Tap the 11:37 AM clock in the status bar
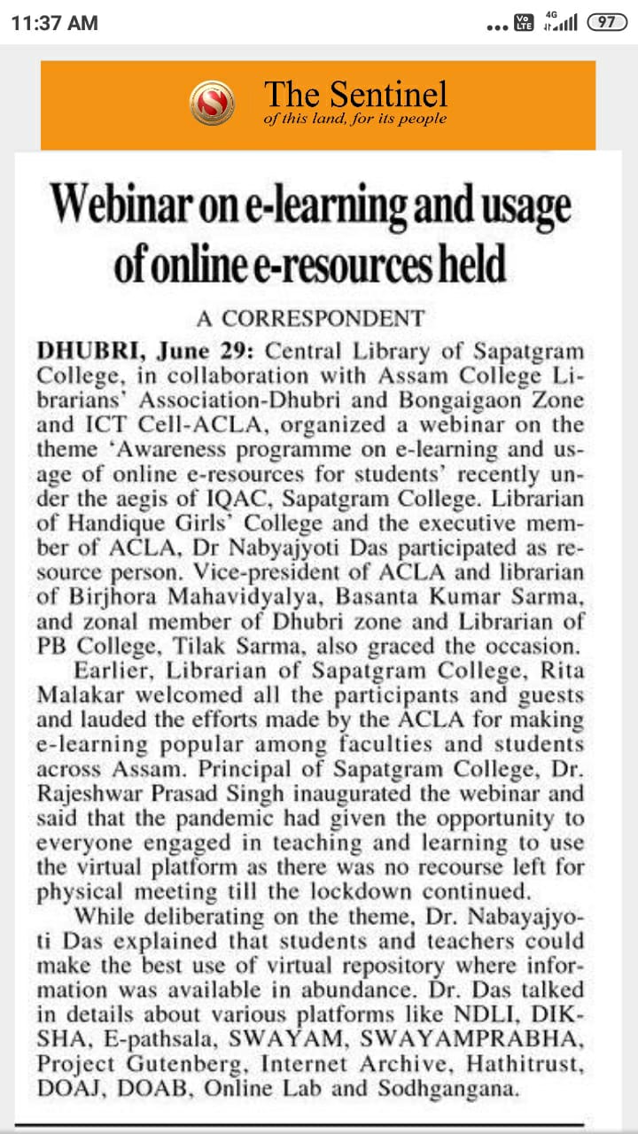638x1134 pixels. pyautogui.click(x=54, y=23)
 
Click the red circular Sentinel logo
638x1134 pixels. pyautogui.click(x=213, y=103)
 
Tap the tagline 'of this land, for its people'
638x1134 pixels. pyautogui.click(x=355, y=120)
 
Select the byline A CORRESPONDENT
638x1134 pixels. pyautogui.click(x=310, y=318)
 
